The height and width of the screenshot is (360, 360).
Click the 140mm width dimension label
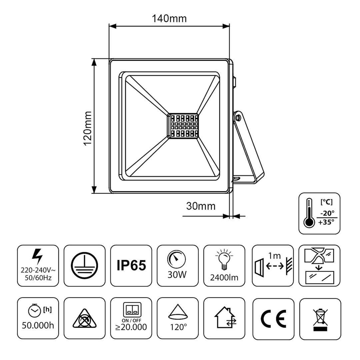click(169, 18)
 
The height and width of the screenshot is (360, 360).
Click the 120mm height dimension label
click(88, 128)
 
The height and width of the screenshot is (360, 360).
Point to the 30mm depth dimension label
click(200, 206)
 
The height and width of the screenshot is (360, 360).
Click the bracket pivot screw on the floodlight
click(238, 117)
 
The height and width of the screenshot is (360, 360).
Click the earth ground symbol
click(84, 266)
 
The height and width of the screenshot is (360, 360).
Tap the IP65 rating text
click(131, 266)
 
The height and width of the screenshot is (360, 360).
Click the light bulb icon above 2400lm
click(224, 259)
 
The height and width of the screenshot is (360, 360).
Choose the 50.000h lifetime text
click(38, 325)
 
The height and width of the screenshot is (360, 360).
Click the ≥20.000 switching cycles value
click(131, 327)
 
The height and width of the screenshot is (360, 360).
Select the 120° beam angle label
click(178, 327)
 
